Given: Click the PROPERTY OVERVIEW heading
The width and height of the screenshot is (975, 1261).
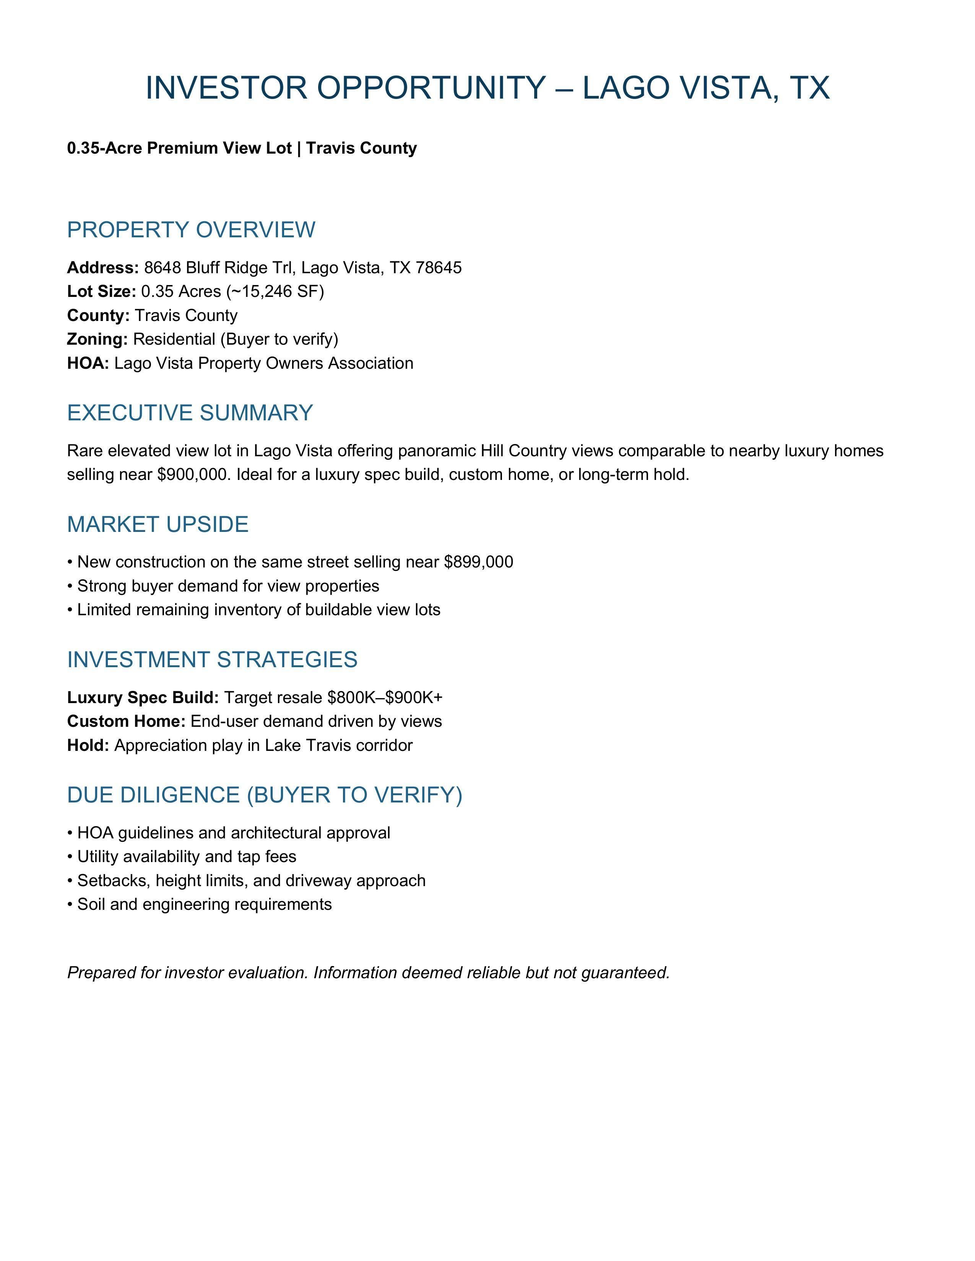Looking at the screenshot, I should pyautogui.click(x=191, y=230).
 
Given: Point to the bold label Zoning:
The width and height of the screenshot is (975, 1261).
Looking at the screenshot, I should pyautogui.click(x=97, y=339).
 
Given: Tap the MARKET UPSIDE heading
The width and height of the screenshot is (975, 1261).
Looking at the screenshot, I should pyautogui.click(x=158, y=525).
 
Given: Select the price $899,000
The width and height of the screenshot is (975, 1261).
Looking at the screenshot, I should pyautogui.click(x=478, y=562).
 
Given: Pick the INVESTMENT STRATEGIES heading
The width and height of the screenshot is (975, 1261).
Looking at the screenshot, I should pyautogui.click(x=212, y=660).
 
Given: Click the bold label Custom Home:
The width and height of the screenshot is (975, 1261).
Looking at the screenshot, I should pyautogui.click(x=126, y=722).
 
